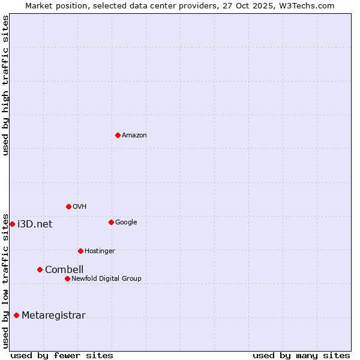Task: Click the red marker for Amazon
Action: tap(118, 135)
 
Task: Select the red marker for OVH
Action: tap(68, 206)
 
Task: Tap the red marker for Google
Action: tap(111, 222)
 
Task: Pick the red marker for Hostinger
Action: tap(80, 251)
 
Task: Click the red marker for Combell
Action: tap(40, 269)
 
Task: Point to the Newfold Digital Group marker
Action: tap(67, 278)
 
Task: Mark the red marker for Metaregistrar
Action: tap(16, 315)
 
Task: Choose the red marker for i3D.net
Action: tap(12, 224)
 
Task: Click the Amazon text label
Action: tap(134, 136)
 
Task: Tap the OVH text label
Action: tap(80, 207)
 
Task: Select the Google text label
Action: tap(126, 223)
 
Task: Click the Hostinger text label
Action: tap(100, 251)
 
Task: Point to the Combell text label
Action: tap(64, 270)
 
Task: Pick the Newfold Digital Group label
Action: tap(106, 279)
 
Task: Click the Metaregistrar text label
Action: tap(53, 316)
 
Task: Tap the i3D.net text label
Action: tap(35, 224)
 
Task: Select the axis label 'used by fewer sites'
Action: tap(62, 355)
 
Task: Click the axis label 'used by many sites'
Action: tap(301, 355)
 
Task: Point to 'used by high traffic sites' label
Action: tap(5, 85)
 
